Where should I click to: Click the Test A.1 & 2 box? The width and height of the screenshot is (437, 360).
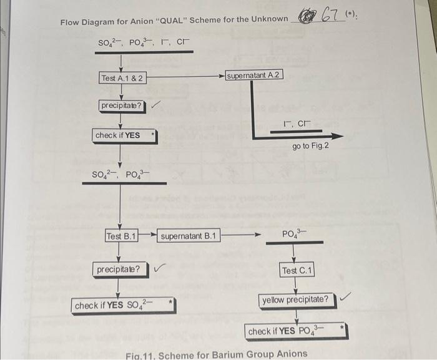click(123, 78)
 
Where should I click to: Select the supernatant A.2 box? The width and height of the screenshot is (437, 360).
click(254, 75)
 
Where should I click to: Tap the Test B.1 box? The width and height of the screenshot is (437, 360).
click(121, 236)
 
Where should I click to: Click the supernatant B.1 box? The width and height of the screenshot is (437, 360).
click(189, 236)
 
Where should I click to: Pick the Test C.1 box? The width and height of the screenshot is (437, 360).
click(297, 270)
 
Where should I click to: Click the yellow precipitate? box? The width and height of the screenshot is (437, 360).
click(295, 299)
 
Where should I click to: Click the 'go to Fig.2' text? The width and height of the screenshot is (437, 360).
click(310, 146)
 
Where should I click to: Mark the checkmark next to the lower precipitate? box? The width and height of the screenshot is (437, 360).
click(160, 269)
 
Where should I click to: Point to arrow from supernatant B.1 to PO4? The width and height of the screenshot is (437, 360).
click(240, 236)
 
